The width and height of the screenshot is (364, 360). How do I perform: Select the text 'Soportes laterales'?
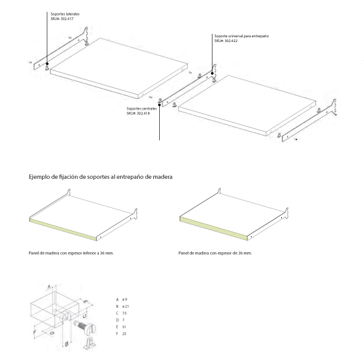tap(63, 13)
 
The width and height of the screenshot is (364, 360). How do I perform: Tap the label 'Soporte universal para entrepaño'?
tap(241, 36)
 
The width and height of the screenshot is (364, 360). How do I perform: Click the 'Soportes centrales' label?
tap(142, 109)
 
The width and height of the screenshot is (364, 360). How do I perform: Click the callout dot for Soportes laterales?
tap(46, 62)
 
